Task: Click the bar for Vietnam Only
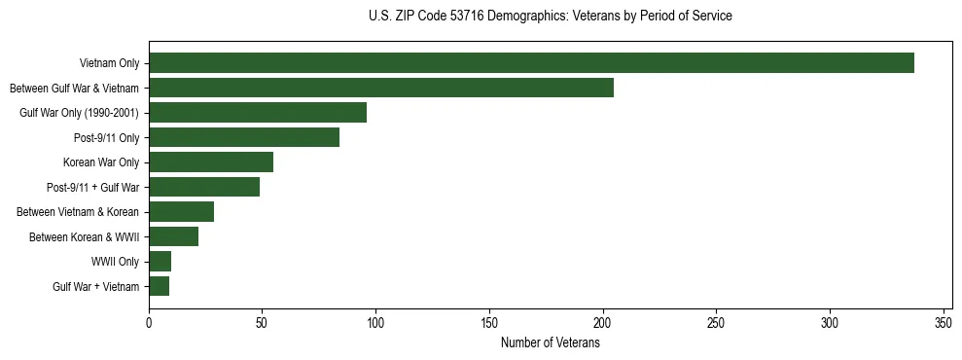531,63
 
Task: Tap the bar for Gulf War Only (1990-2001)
258,113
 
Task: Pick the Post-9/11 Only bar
244,137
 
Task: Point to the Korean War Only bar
211,162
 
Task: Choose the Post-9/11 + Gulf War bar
204,187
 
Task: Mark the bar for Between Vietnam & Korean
182,212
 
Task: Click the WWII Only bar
160,262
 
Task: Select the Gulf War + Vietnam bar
160,286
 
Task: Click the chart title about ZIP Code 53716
551,17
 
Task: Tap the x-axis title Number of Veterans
551,343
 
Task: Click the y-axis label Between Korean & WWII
85,236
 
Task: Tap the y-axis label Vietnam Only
110,63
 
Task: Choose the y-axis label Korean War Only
101,162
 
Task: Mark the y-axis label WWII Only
116,262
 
